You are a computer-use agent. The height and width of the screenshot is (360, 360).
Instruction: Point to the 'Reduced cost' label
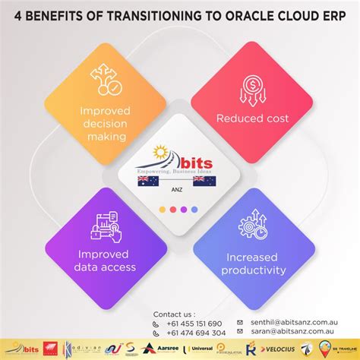[x=253, y=118]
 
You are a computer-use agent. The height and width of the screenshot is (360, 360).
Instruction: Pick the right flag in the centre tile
[x=205, y=182]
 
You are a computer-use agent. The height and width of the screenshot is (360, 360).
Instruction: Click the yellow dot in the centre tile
[x=162, y=209]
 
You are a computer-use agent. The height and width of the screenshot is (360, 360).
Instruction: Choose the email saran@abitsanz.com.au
[x=289, y=332]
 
